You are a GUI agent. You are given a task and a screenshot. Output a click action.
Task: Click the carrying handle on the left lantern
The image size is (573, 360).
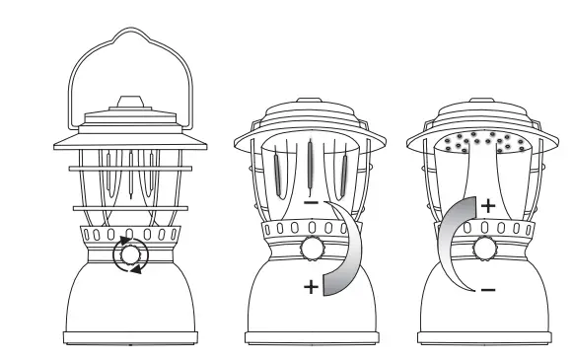[x=129, y=40]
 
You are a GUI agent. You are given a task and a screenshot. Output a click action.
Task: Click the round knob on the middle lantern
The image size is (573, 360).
[x=313, y=247]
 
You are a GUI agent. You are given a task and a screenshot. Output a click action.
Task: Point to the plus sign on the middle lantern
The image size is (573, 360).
[x=311, y=287]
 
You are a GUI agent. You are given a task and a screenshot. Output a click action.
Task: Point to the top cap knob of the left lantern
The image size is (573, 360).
[x=129, y=101]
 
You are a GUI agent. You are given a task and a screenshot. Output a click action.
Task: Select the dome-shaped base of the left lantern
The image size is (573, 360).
[x=129, y=306]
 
